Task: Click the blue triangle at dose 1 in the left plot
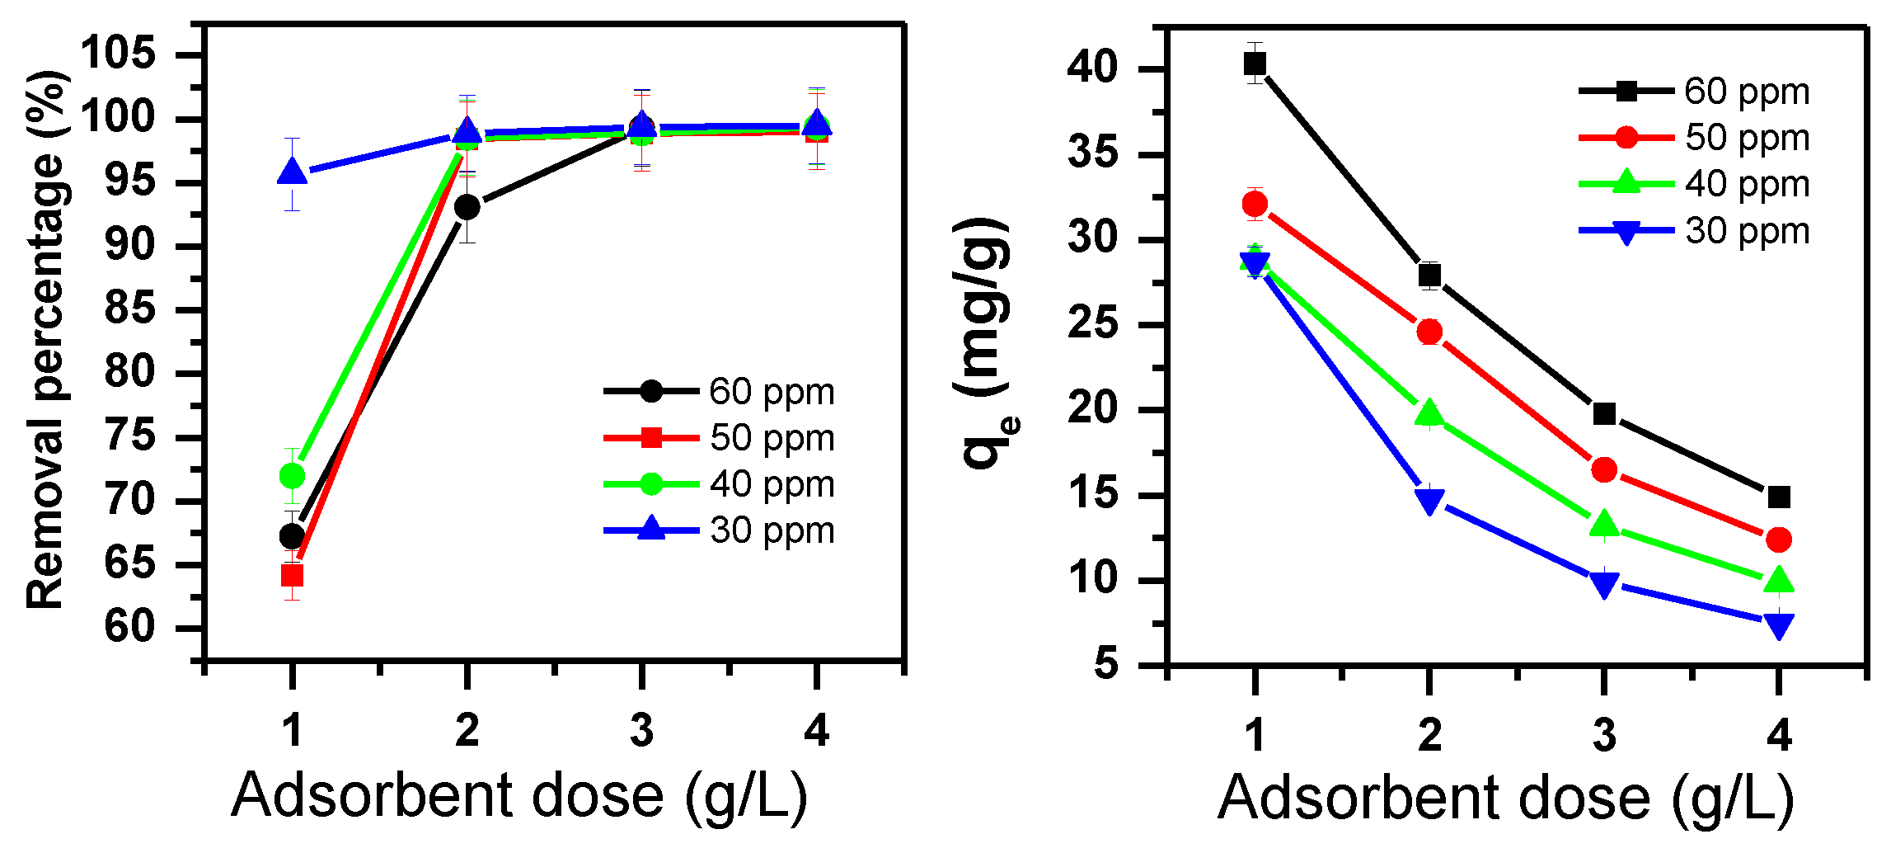coord(292,172)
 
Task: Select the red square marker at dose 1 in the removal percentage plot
coord(292,575)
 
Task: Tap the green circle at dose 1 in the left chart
coord(292,476)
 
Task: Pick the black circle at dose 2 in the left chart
coord(467,206)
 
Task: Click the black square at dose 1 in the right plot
coord(1255,63)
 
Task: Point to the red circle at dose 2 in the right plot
coord(1429,332)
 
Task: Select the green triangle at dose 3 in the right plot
coord(1604,524)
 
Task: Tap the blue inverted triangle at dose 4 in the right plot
coord(1779,624)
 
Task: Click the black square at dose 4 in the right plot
coord(1779,497)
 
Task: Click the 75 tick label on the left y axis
coord(130,436)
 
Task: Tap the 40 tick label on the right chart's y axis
coord(1093,68)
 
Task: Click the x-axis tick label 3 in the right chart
coord(1604,734)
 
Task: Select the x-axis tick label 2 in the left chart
coord(467,731)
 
